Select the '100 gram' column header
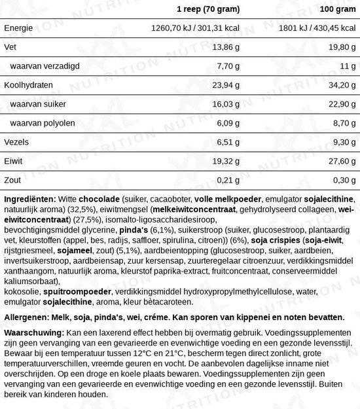click(x=335, y=9)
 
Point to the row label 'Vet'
click(x=10, y=47)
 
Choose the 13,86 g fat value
click(x=224, y=47)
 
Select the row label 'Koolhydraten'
click(x=27, y=85)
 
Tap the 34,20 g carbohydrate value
click(x=341, y=85)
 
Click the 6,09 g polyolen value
click(x=226, y=123)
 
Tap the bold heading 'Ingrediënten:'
click(x=29, y=199)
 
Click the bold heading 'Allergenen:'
click(x=26, y=316)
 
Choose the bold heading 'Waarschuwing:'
click(x=33, y=333)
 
